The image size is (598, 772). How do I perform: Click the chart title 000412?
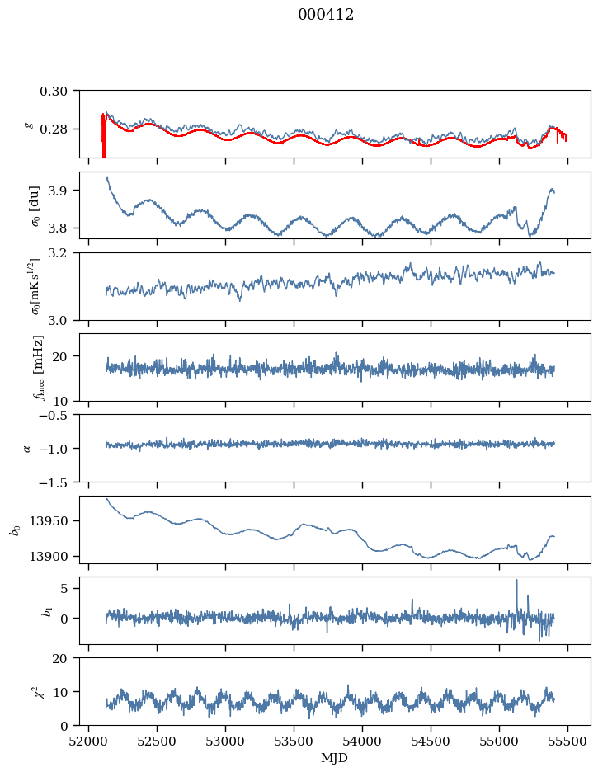[326, 15]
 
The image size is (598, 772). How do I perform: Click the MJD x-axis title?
[335, 758]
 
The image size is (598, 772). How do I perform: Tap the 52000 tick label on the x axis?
[89, 741]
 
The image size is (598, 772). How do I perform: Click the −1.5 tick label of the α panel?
[58, 482]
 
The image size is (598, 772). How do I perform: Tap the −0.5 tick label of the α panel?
[58, 415]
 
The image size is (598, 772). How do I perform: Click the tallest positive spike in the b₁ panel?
[517, 581]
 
